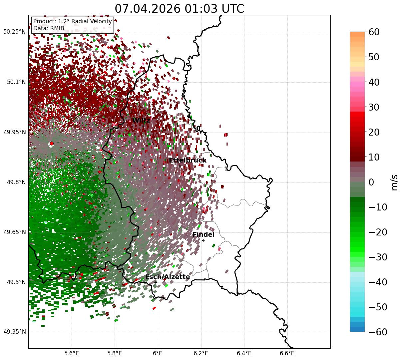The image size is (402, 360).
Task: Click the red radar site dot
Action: (x=52, y=143)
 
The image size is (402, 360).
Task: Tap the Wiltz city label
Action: (x=141, y=120)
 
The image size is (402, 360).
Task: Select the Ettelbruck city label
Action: (x=188, y=160)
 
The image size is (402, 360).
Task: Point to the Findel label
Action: (x=203, y=234)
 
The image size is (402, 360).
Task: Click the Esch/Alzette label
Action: (x=168, y=277)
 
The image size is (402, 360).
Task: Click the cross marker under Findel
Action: (x=203, y=240)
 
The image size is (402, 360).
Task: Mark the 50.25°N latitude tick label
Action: (x=15, y=32)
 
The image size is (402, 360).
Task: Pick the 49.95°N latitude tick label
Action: (x=15, y=132)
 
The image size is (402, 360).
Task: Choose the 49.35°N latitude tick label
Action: (x=15, y=332)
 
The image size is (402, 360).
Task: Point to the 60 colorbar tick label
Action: (x=374, y=32)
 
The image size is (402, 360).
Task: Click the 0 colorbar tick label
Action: (x=371, y=182)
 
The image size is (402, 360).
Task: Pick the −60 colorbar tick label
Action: (x=378, y=332)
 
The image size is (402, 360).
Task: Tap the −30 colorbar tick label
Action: (x=378, y=257)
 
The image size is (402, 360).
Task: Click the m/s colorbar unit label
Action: (x=394, y=182)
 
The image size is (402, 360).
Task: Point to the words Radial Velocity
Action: (x=92, y=21)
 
